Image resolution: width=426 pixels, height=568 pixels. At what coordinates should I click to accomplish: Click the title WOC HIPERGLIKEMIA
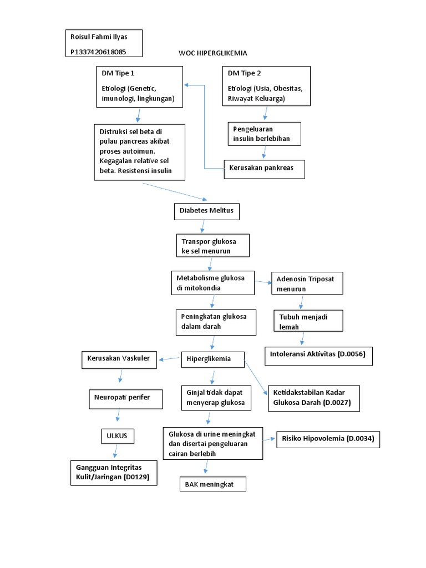(212, 53)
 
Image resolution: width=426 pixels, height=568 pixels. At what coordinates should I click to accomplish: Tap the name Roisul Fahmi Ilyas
(99, 37)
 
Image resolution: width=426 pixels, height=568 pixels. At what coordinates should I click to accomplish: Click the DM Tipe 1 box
(139, 86)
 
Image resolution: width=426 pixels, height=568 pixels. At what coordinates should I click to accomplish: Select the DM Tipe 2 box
(266, 85)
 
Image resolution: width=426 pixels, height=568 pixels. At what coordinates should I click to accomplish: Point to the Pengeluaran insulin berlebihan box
(264, 134)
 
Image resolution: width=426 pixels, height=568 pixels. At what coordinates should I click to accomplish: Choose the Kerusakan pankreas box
(264, 169)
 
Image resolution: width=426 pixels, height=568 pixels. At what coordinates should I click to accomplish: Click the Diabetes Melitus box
(207, 211)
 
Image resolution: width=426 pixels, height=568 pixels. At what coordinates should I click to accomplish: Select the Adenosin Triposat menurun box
(307, 282)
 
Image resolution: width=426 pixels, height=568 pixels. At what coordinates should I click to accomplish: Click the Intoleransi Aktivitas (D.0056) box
(318, 354)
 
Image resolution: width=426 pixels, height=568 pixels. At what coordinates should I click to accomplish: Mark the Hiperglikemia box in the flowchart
(214, 359)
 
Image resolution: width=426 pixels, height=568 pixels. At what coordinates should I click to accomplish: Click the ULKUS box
(117, 436)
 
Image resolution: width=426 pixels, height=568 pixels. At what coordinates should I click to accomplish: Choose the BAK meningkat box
(212, 484)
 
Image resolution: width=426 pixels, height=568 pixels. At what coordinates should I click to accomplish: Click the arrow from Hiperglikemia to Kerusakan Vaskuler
(170, 361)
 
